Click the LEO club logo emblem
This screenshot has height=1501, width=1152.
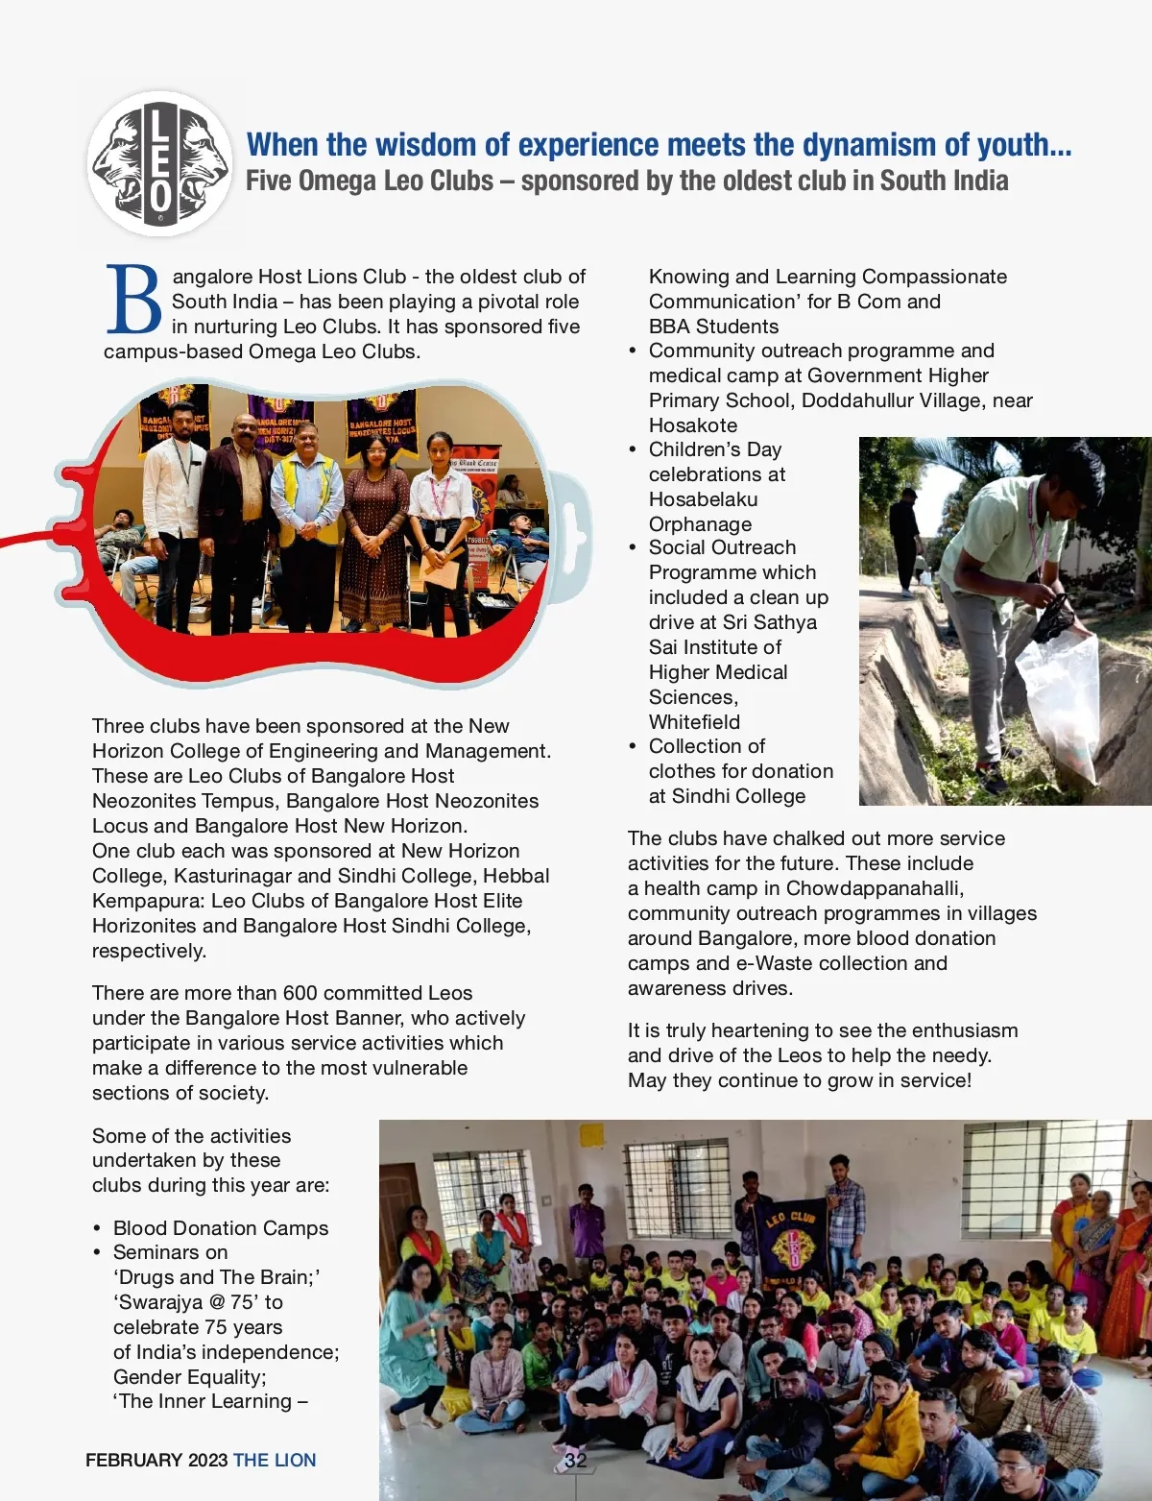(x=159, y=164)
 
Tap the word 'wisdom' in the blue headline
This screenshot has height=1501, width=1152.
(x=430, y=145)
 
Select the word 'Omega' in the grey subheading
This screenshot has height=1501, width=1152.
(x=343, y=182)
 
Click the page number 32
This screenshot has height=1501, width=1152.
(x=575, y=1461)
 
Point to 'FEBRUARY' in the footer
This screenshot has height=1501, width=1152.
(x=133, y=1461)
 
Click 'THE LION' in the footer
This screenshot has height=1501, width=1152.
(x=275, y=1461)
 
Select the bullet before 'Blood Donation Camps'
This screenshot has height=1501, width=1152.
(x=97, y=1229)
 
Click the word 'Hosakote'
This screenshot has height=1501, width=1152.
(x=693, y=425)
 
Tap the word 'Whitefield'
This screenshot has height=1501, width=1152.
(x=694, y=722)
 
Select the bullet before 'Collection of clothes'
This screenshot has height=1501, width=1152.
(x=633, y=747)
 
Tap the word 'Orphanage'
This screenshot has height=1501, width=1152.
(x=700, y=524)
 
